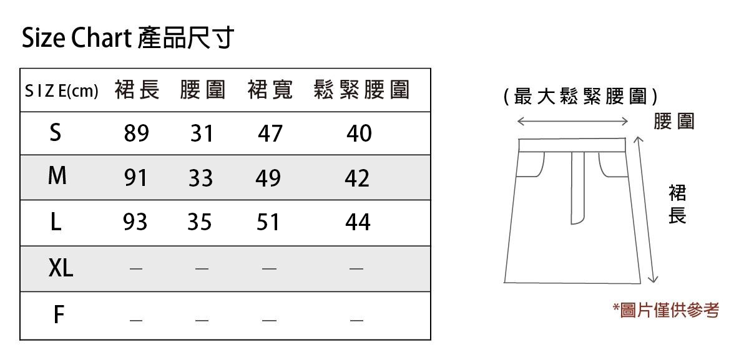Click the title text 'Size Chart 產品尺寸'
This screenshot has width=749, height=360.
tap(128, 38)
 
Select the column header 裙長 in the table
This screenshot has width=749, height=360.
tap(137, 90)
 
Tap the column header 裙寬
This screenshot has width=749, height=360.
tap(270, 90)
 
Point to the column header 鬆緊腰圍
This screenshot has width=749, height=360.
tap(362, 90)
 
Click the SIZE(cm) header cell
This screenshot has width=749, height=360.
tap(62, 92)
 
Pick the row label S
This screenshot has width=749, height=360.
tap(56, 132)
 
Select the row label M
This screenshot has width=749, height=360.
tap(57, 177)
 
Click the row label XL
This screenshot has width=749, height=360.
tap(61, 268)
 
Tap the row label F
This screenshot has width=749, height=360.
tap(59, 315)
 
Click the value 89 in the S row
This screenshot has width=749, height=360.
tap(136, 133)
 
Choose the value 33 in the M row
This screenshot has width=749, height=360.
tap(200, 178)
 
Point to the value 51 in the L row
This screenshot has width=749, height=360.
tap(268, 222)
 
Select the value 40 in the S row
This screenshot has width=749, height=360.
tap(359, 133)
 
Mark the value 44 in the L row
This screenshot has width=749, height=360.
tap(358, 222)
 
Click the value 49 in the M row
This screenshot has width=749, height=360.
tap(268, 178)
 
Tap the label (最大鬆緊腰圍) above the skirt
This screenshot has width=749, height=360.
tap(580, 97)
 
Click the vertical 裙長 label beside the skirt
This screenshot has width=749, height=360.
tap(677, 203)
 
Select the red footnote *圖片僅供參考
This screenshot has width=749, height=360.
tap(666, 310)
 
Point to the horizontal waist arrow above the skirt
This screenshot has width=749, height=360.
tap(572, 121)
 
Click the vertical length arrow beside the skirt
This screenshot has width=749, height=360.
tap(646, 209)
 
